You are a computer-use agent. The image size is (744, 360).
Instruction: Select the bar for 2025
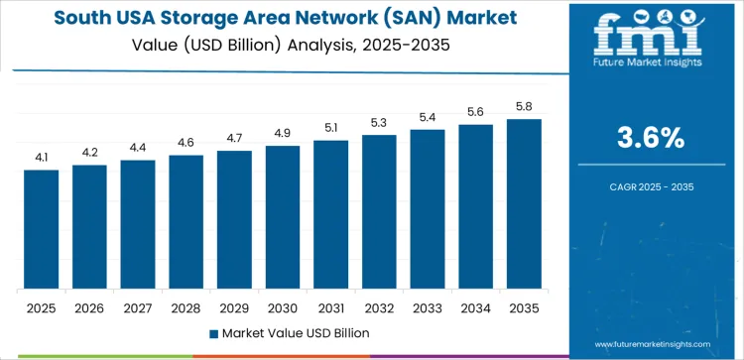click(42, 229)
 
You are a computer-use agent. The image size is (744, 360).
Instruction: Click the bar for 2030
click(282, 217)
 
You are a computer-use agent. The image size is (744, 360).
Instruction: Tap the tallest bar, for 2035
click(523, 203)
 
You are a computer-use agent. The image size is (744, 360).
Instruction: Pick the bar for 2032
click(378, 211)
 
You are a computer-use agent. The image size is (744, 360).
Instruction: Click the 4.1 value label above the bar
click(42, 157)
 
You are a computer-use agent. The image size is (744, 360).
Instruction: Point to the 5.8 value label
click(523, 106)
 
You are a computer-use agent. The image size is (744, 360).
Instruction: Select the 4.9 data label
click(282, 133)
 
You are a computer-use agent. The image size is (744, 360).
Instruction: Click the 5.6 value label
click(475, 112)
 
